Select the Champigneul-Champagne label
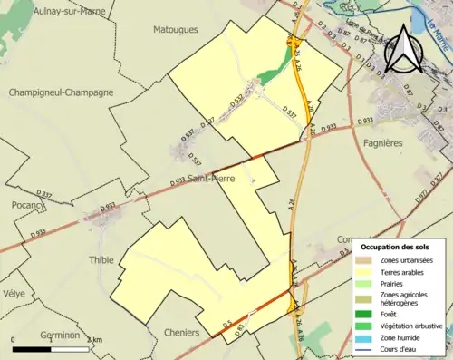[x=61, y=92]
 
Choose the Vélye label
[x=13, y=295]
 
